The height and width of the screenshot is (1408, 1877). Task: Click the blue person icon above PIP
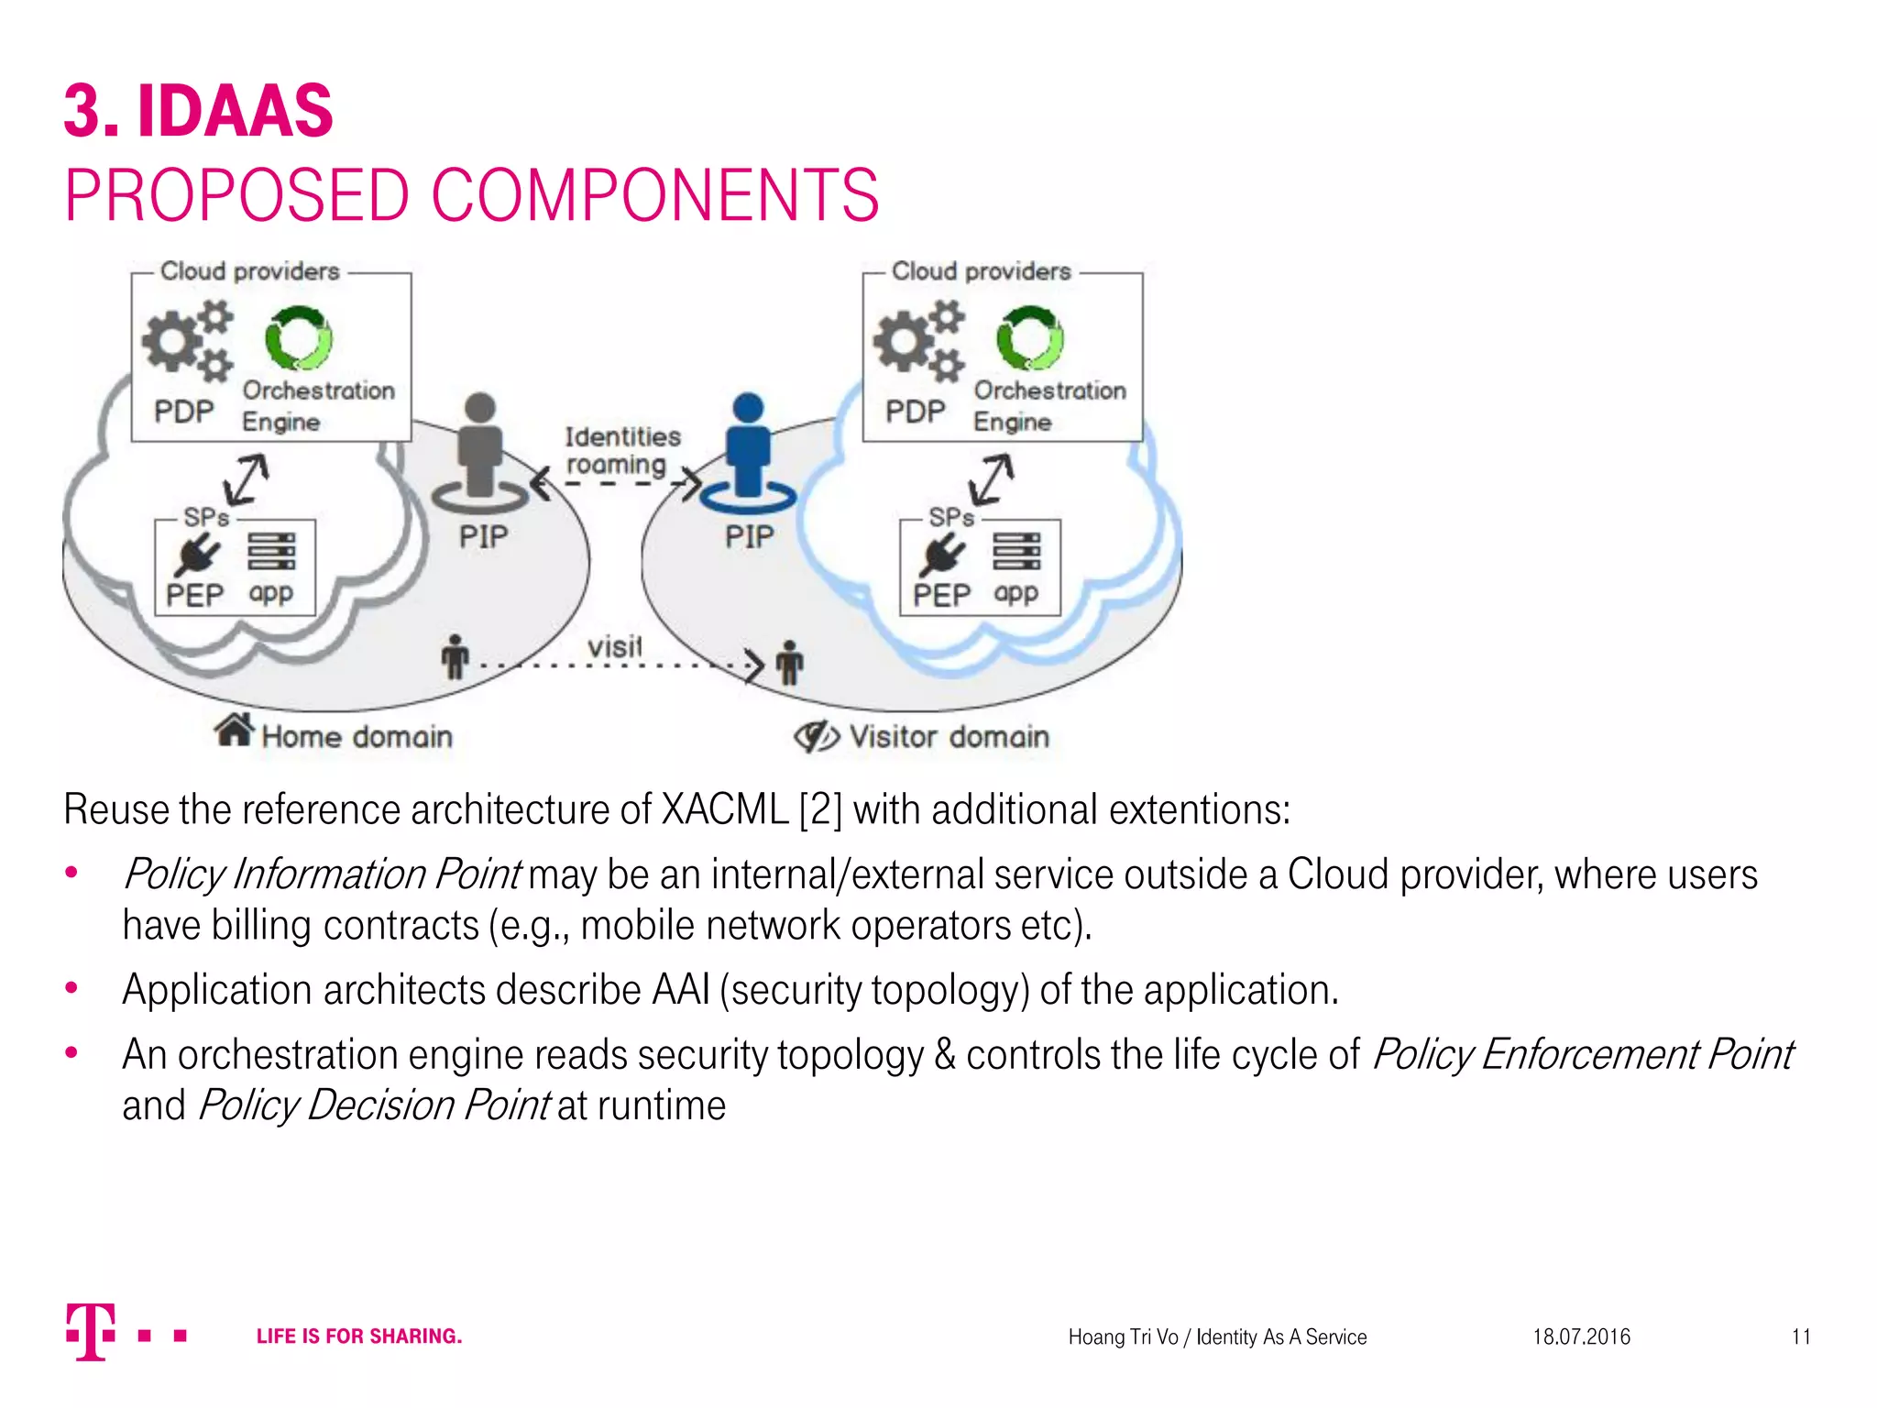click(748, 449)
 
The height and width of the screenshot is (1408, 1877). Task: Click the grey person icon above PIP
click(480, 449)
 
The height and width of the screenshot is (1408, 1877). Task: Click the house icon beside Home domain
click(235, 731)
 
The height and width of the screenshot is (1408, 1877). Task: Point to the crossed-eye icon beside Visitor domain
click(816, 735)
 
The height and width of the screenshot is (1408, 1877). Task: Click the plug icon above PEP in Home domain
click(196, 554)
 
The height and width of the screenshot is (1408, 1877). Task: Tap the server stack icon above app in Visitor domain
click(1016, 551)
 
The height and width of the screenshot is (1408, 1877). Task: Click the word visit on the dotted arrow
click(615, 647)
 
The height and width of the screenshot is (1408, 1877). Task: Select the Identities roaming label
click(622, 450)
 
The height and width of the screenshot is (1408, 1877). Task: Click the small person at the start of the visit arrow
click(455, 657)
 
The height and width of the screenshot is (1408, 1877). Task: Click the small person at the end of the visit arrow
click(789, 662)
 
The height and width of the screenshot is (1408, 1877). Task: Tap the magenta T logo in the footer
click(91, 1331)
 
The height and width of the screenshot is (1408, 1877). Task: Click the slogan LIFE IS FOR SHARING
click(359, 1336)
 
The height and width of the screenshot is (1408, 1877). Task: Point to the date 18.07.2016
click(1581, 1336)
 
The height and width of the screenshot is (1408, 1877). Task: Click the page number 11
click(1801, 1336)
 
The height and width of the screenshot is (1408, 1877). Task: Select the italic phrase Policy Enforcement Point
click(1582, 1055)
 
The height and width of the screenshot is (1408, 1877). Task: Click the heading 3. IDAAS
click(199, 112)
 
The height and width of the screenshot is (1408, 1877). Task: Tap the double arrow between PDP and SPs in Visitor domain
click(992, 479)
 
